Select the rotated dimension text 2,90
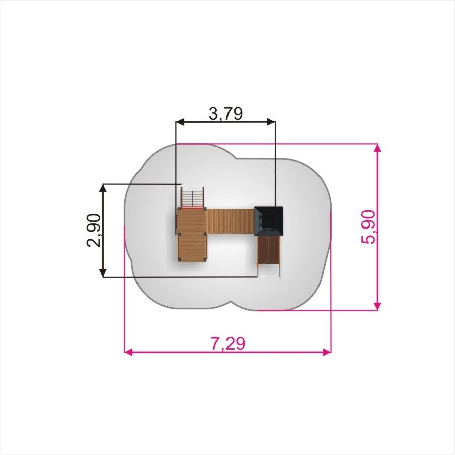pyautogui.click(x=94, y=230)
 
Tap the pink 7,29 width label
pyautogui.click(x=228, y=344)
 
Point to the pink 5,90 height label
pyautogui.click(x=368, y=227)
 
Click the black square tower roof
pyautogui.click(x=269, y=221)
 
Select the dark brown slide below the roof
pyautogui.click(x=269, y=250)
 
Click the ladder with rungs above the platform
pyautogui.click(x=193, y=197)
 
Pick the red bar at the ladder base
pyautogui.click(x=192, y=208)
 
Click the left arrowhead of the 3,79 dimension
pyautogui.click(x=180, y=122)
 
